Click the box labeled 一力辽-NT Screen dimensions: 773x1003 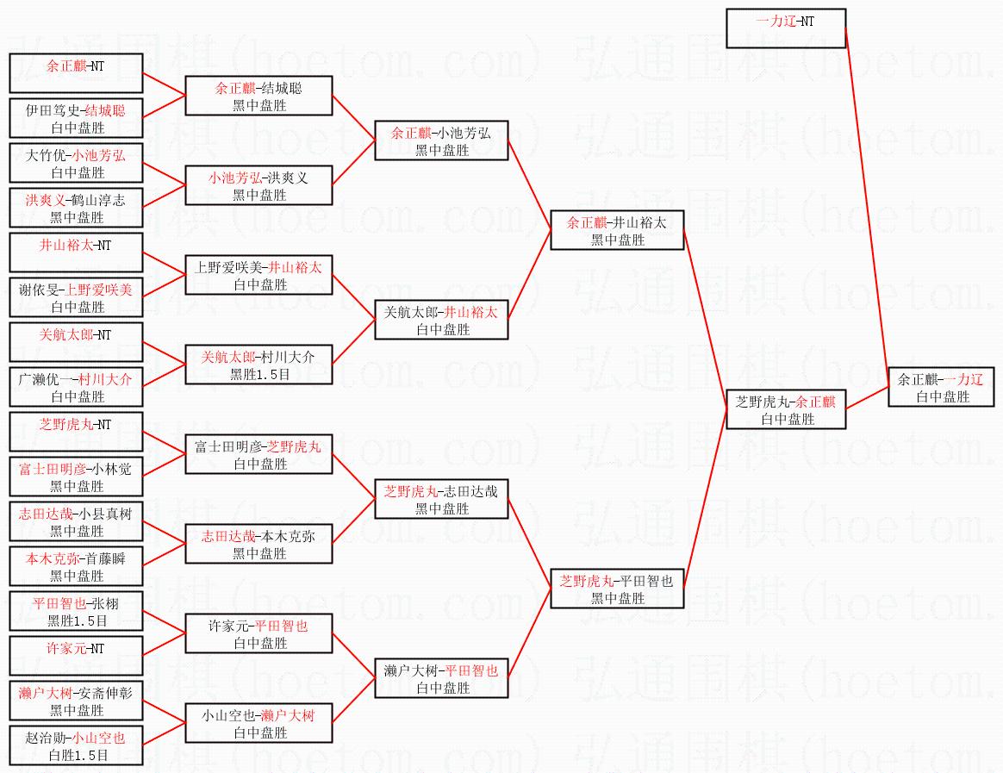786,28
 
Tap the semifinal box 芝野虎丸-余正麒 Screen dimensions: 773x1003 787,409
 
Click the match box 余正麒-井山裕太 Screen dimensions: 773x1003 617,230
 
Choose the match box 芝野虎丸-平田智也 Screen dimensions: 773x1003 617,589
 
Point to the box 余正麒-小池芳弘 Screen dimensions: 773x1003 441,140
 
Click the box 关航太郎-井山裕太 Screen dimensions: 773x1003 441,320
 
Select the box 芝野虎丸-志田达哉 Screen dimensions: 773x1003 441,499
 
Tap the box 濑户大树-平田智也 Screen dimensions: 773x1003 441,678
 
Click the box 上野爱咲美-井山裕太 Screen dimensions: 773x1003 259,275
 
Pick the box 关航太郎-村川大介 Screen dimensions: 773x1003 259,365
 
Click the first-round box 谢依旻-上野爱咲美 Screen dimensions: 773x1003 77,297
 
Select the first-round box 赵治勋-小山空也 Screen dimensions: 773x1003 77,745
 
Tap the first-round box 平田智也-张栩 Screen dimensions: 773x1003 77,611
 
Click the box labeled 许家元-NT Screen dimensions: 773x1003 77,656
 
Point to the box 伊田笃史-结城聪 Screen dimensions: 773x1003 77,118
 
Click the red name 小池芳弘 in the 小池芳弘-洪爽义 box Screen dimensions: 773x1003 234,178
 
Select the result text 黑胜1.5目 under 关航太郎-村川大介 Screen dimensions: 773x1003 259,375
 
